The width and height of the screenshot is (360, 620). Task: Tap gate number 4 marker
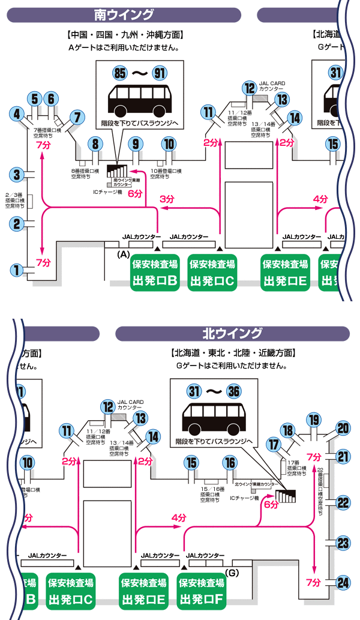coord(18,113)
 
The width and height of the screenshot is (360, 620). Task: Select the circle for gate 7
coord(77,116)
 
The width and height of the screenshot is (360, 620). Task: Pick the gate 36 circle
coord(235,391)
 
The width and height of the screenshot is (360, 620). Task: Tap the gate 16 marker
coord(230,463)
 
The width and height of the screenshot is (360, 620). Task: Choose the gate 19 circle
coord(313,419)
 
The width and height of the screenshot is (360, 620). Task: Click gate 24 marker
coord(343,582)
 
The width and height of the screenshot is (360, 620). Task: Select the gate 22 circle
coord(343,502)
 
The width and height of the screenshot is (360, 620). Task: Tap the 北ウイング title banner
coord(232,333)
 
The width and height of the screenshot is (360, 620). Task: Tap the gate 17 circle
coord(274,445)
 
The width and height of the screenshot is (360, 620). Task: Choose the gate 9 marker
coord(136,143)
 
